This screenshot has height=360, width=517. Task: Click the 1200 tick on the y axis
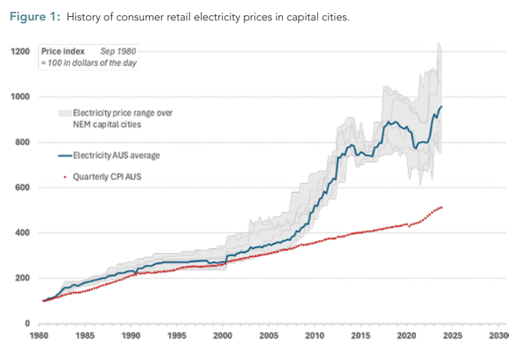pyautogui.click(x=20, y=51)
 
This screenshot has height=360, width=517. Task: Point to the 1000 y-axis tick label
pyautogui.click(x=20, y=97)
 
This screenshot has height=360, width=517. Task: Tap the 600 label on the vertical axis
pyautogui.click(x=23, y=187)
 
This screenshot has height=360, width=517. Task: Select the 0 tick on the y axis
pyautogui.click(x=28, y=323)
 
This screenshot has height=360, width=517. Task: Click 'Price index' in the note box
pyautogui.click(x=63, y=52)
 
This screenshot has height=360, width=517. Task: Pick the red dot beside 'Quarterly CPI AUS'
pyautogui.click(x=64, y=176)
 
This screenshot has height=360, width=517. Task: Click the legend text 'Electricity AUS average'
pyautogui.click(x=117, y=155)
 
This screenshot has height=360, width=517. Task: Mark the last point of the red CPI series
pyautogui.click(x=442, y=207)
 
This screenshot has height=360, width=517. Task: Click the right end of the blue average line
pyautogui.click(x=442, y=107)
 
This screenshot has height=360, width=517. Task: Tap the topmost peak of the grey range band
pyautogui.click(x=439, y=44)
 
